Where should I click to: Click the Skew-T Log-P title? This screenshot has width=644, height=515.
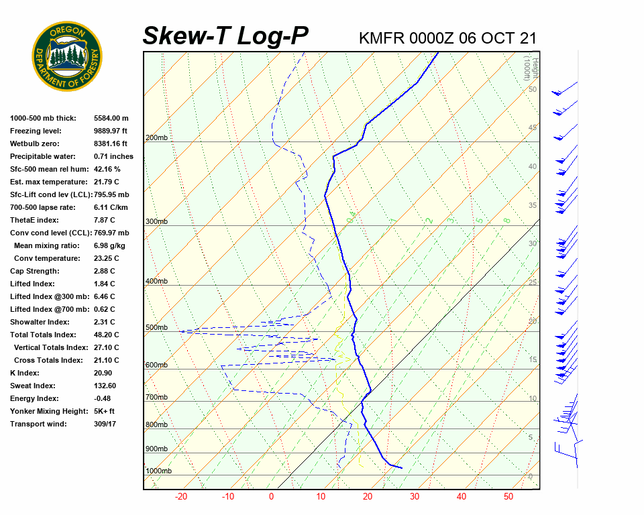[225, 36]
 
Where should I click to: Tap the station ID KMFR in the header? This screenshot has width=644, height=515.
[383, 38]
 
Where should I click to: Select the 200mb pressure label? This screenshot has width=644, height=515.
[156, 138]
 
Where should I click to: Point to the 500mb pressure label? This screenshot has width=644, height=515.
[156, 328]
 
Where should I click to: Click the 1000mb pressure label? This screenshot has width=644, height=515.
[158, 471]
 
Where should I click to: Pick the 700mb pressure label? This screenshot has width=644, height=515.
[156, 398]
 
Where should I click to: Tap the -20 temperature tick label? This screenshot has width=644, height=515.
[181, 497]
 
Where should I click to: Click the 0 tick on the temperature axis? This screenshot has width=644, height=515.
[272, 497]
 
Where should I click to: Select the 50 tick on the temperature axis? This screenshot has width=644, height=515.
[508, 497]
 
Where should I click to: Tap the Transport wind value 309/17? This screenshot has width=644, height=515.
[106, 424]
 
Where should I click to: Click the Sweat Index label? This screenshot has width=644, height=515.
[33, 386]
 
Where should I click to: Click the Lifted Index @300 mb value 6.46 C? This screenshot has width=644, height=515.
[105, 297]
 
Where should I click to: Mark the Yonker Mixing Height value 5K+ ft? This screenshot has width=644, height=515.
[105, 412]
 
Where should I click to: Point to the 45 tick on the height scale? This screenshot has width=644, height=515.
[533, 128]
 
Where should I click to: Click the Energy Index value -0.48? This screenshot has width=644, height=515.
[103, 399]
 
